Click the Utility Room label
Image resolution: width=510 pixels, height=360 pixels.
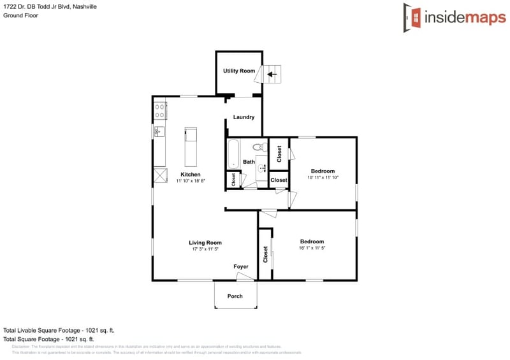click(239, 71)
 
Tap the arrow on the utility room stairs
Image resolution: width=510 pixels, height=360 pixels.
click(272, 75)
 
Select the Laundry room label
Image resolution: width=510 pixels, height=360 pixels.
click(244, 117)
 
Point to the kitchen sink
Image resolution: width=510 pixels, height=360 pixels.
click(159, 132)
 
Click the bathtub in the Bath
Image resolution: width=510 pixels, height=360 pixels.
click(233, 154)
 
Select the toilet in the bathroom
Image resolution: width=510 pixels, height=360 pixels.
click(259, 147)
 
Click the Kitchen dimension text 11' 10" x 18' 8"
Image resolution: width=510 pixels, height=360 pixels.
click(191, 182)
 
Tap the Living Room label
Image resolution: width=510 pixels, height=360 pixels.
click(205, 242)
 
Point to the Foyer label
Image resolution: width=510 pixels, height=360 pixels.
click(241, 266)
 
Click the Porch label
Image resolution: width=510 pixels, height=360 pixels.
click(235, 296)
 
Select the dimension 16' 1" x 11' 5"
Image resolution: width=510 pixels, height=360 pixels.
click(312, 248)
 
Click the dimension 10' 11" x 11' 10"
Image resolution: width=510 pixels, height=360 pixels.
click(323, 178)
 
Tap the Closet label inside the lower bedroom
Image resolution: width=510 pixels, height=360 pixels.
click(265, 254)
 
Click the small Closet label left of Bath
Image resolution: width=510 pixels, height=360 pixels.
click(234, 180)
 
